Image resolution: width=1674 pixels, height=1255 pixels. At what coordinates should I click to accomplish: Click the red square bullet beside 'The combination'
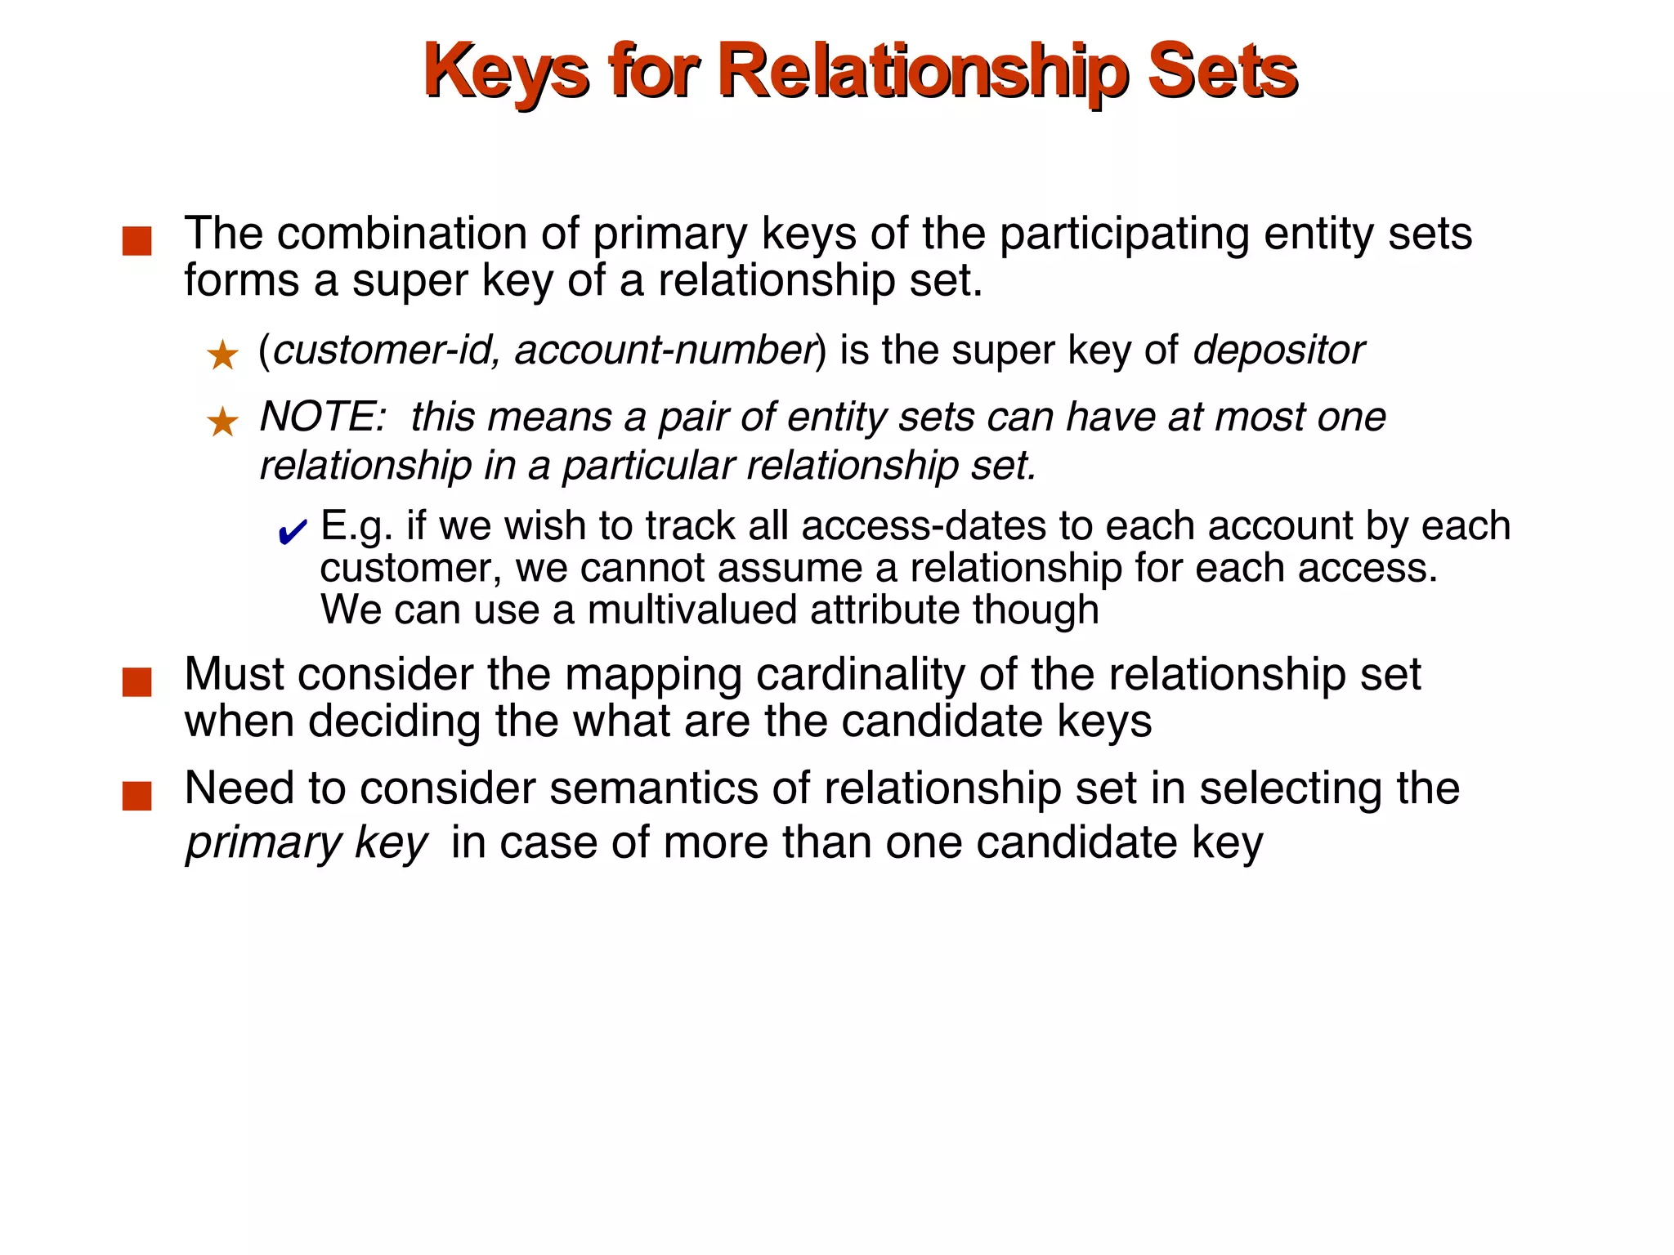[137, 241]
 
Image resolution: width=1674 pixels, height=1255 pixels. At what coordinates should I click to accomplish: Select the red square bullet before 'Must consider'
[137, 681]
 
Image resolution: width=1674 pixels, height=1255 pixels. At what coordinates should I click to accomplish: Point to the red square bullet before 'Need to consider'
[137, 795]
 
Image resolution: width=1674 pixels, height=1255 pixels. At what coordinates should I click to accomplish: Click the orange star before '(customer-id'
[222, 355]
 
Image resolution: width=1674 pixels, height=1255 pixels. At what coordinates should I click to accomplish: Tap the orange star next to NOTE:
[222, 422]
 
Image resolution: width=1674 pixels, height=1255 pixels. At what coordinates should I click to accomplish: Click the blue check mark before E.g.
[292, 533]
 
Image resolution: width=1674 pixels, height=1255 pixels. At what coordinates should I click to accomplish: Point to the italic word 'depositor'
[1278, 350]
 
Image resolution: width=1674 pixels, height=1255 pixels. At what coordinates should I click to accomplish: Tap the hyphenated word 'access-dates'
[924, 525]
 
